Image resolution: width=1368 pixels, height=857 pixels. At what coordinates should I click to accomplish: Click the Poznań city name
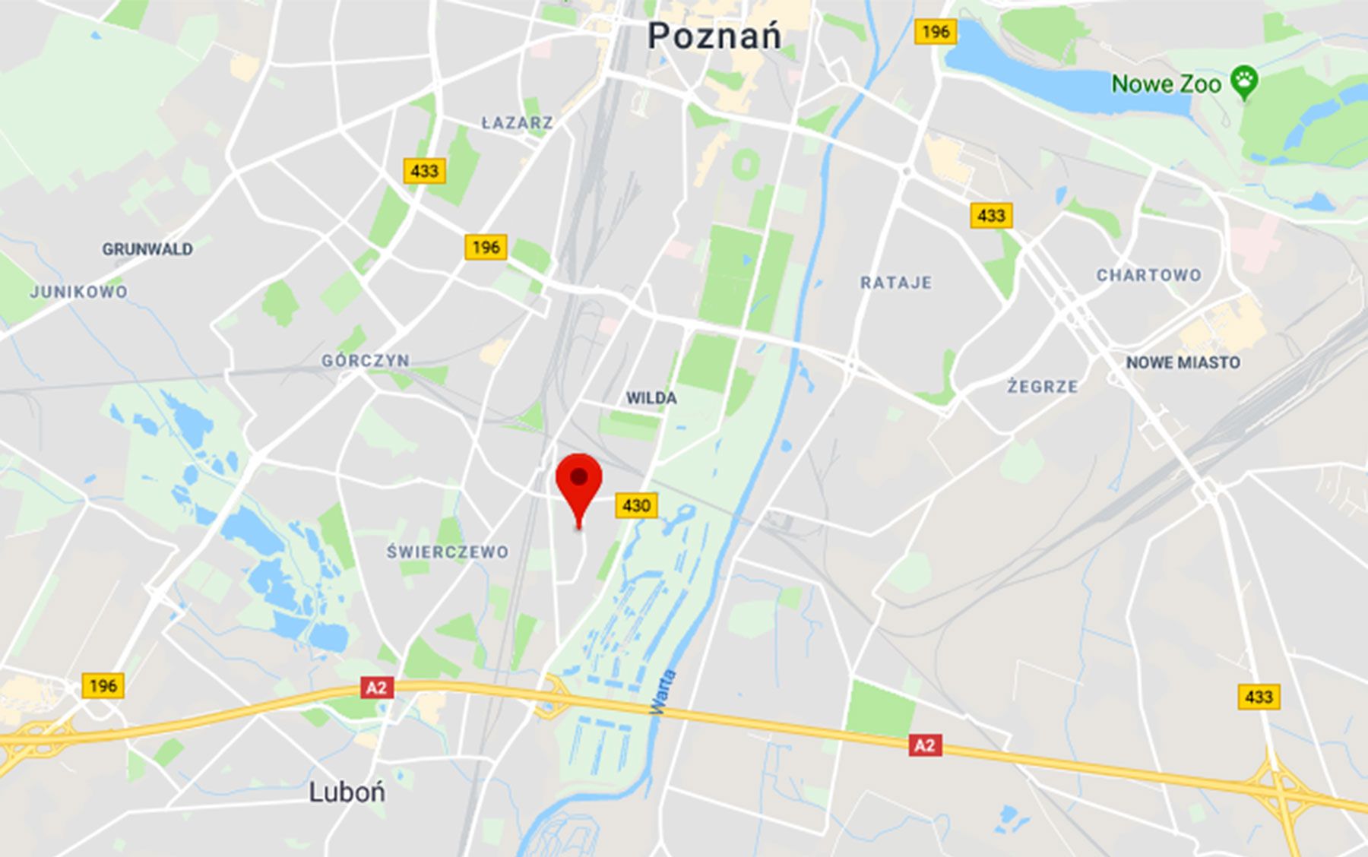pos(714,36)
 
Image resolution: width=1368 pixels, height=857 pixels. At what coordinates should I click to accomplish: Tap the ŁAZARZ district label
pos(518,122)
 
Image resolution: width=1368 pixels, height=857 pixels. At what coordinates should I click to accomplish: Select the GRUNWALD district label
pos(147,249)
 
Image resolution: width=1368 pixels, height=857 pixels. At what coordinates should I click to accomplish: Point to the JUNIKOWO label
pos(79,292)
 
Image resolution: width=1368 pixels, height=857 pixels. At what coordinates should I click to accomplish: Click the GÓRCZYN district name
pos(366,361)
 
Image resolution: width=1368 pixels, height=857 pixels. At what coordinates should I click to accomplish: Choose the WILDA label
pos(651,398)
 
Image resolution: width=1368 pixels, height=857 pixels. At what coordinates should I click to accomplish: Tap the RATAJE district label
pos(896,283)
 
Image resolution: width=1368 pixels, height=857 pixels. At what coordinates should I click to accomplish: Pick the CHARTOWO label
pos(1148,275)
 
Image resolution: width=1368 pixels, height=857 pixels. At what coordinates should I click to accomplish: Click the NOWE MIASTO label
pos(1183,363)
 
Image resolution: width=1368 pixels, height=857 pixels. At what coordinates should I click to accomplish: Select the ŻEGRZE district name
pos(1043,387)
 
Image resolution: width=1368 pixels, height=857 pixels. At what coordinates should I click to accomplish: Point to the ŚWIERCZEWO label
pos(448,552)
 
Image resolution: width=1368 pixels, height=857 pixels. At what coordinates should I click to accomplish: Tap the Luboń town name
pos(347,792)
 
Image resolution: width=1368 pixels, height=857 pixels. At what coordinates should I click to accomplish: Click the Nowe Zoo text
pos(1166,84)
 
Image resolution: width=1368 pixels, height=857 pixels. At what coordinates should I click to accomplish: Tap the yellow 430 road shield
pos(636,505)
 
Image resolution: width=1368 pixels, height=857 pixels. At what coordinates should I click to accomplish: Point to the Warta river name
pos(663,692)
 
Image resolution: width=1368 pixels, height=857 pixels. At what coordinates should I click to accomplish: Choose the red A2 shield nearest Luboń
pos(377,688)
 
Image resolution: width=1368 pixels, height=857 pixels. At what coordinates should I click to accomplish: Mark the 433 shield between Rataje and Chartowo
pos(991,216)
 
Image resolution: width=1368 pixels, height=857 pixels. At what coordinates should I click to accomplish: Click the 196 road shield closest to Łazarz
pos(486,247)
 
